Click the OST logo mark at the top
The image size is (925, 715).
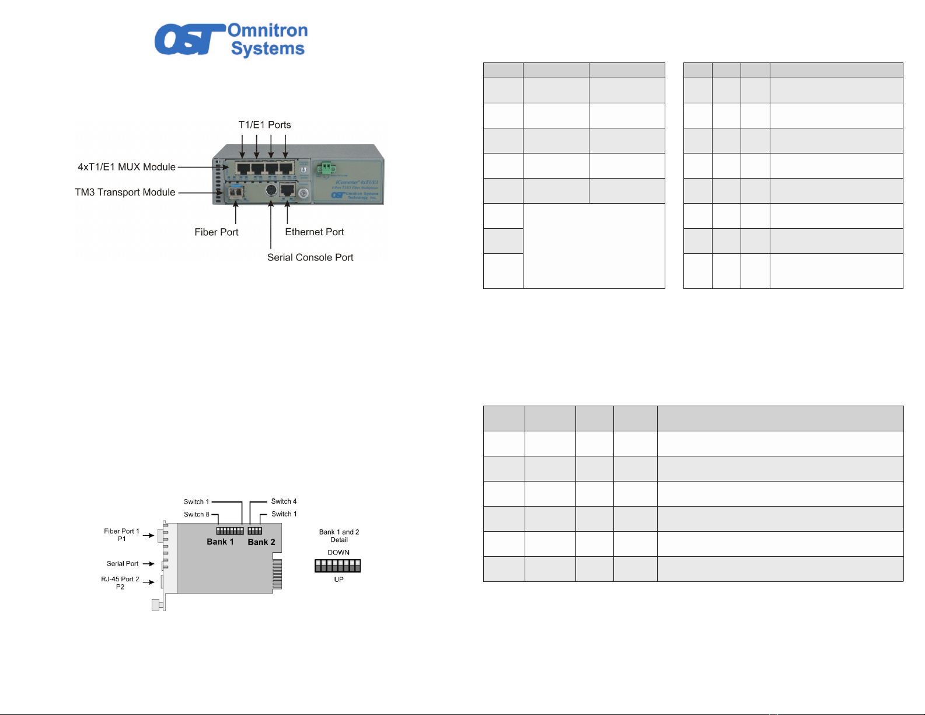pyautogui.click(x=188, y=40)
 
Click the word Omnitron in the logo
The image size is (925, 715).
pyautogui.click(x=267, y=30)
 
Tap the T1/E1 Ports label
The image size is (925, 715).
pyautogui.click(x=264, y=125)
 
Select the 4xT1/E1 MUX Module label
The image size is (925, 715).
pyautogui.click(x=127, y=167)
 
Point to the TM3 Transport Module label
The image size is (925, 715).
pyautogui.click(x=125, y=192)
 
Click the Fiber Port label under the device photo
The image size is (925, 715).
pyautogui.click(x=217, y=232)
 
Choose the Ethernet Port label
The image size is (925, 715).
pyautogui.click(x=314, y=232)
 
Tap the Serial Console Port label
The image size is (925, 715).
pyautogui.click(x=310, y=257)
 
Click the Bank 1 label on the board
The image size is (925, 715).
pyautogui.click(x=220, y=542)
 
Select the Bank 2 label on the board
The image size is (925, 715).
pyautogui.click(x=261, y=542)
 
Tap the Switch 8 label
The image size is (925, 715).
pyautogui.click(x=196, y=514)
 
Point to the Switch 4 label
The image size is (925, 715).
pyautogui.click(x=284, y=501)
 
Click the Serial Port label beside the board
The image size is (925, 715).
pyautogui.click(x=123, y=564)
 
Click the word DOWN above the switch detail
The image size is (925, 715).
pyautogui.click(x=338, y=552)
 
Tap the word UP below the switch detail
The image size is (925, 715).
pyautogui.click(x=338, y=580)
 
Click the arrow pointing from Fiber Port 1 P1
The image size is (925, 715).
pyautogui.click(x=148, y=535)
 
